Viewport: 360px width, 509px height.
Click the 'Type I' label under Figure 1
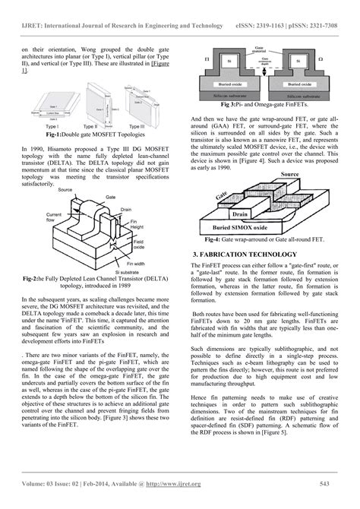coord(52,125)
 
